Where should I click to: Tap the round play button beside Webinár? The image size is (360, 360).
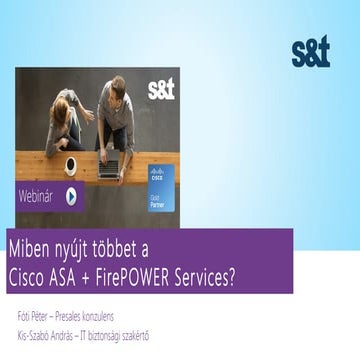click(x=71, y=196)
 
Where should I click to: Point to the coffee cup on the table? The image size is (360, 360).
click(x=70, y=163)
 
